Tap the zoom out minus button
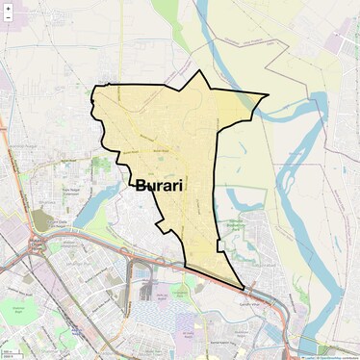(x=9, y=20)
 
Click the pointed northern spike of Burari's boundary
(x=199, y=72)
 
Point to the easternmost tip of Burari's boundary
(x=267, y=95)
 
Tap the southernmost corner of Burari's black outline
(x=244, y=288)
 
